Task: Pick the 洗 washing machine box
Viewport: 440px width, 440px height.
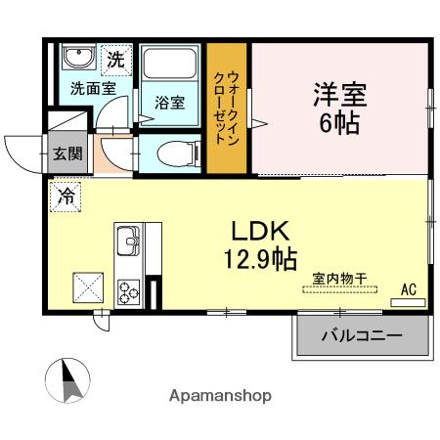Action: click(x=116, y=59)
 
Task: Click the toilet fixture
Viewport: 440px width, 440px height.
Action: click(x=171, y=151)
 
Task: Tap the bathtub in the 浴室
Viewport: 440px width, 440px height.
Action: click(x=170, y=66)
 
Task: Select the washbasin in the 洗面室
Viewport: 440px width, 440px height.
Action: click(x=77, y=58)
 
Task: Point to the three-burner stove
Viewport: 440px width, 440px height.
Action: click(x=129, y=290)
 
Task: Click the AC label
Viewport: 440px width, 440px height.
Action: click(x=408, y=289)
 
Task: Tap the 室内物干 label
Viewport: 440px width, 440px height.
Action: click(x=339, y=280)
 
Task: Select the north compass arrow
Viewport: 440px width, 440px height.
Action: click(x=68, y=379)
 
